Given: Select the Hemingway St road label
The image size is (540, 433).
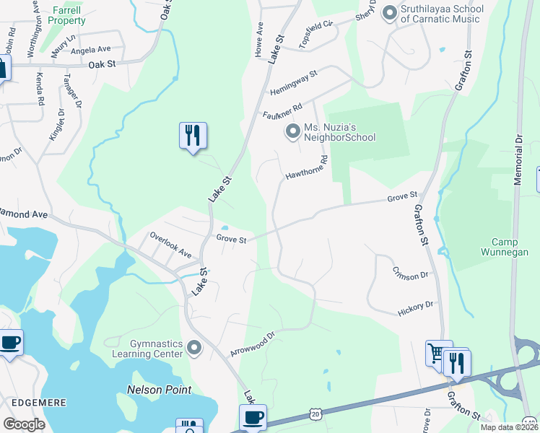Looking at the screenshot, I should coord(294,83).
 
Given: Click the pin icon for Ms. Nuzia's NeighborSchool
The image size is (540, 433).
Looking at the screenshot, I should coord(292,131).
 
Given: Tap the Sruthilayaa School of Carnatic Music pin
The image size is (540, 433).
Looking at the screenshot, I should coord(390,13).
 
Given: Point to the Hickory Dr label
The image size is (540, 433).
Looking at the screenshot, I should coord(415,310).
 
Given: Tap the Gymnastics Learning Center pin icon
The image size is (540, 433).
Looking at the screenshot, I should coord(193,349).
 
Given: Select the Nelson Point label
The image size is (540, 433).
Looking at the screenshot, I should coord(160,390).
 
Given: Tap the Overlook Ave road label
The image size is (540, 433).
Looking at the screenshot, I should coord(170,245).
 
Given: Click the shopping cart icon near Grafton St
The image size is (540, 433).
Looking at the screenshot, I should coord(436,353).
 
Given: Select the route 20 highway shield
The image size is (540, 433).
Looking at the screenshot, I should coord(315,413).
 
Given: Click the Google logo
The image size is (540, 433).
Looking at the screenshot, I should coord(24,424).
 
